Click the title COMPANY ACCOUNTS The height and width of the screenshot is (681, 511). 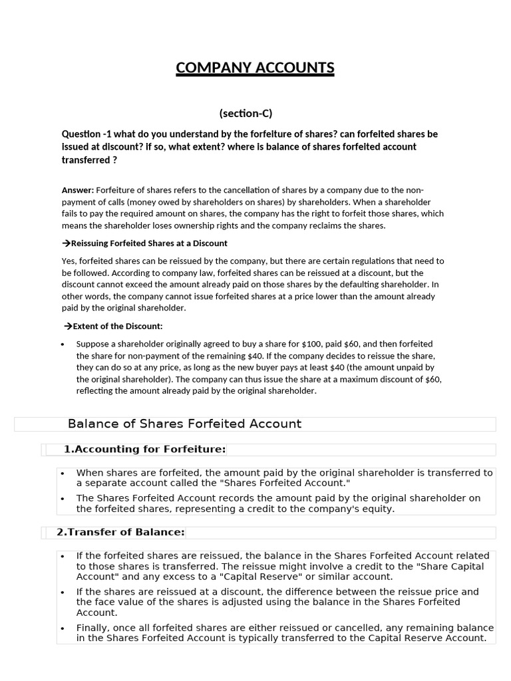[255, 68]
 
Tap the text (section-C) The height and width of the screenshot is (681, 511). [246, 113]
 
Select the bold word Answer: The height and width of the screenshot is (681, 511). [78, 190]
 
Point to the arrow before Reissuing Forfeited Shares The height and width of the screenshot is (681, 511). [66, 243]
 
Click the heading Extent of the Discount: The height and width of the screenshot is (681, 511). [117, 326]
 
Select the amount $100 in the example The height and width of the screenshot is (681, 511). [313, 344]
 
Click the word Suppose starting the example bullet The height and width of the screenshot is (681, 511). [93, 344]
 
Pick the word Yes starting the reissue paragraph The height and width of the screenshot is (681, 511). [69, 261]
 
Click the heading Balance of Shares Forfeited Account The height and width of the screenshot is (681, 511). [184, 424]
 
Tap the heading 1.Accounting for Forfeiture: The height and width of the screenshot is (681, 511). [144, 450]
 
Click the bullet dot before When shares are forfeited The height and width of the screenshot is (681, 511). [63, 474]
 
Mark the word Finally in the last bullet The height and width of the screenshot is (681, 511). [94, 627]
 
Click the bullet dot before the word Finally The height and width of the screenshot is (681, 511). [63, 628]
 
